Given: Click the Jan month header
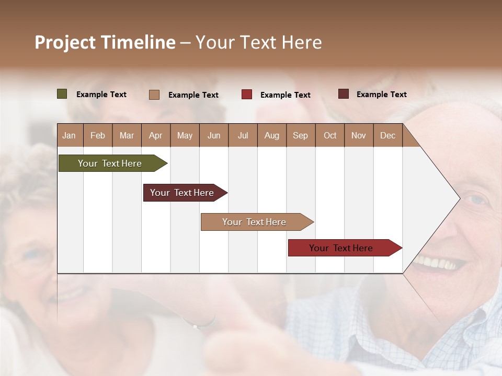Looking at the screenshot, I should (x=69, y=136).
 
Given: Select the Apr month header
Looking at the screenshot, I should (x=155, y=136).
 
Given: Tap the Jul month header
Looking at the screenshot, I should (x=243, y=136).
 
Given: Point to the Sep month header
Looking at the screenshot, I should (x=300, y=136).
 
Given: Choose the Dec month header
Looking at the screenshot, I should (x=387, y=136).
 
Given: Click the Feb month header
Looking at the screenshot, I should (x=98, y=136).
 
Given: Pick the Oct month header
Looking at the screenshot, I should (x=330, y=136).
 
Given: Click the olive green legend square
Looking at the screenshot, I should (x=62, y=94).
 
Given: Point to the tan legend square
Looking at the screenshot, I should (x=154, y=95).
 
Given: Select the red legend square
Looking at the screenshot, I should (x=247, y=95).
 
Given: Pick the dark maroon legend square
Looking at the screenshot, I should (x=344, y=94).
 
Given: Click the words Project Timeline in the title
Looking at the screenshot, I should (x=105, y=42).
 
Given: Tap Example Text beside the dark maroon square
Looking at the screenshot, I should (x=381, y=95).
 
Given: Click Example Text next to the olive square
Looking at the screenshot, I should (x=101, y=95).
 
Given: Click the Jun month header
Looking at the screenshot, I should (x=214, y=136).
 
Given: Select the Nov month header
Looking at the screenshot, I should (x=359, y=136).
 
